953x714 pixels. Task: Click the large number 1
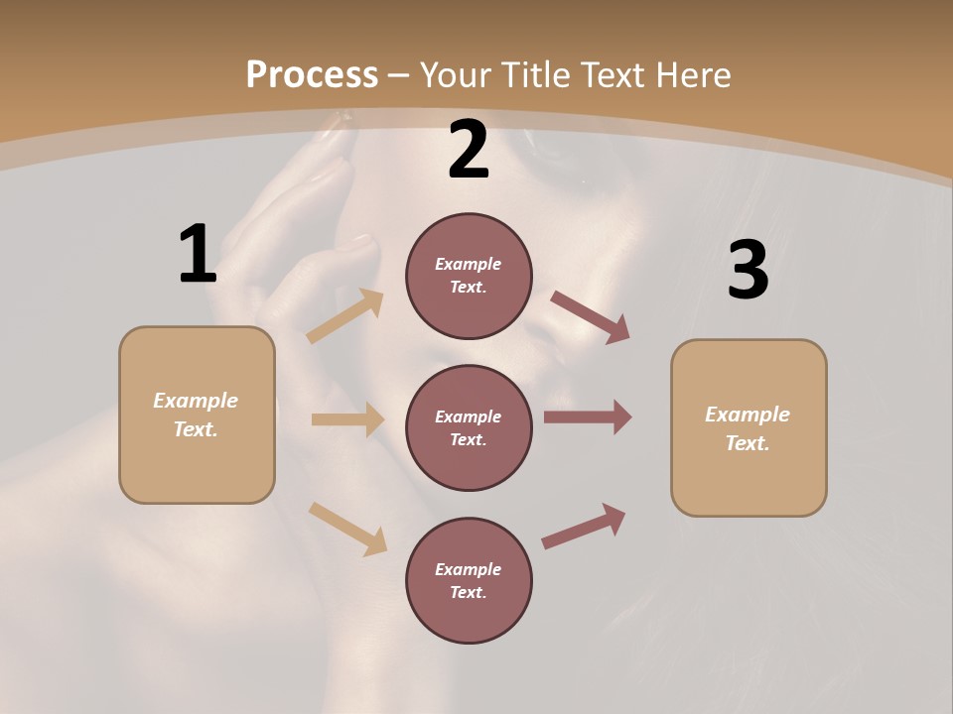[x=198, y=255]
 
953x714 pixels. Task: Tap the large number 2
[x=469, y=151]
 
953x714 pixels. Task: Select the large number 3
[x=748, y=271]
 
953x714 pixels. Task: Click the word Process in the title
[x=312, y=74]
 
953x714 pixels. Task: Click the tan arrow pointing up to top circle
[x=345, y=316]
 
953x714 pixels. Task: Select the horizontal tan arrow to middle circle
[x=347, y=419]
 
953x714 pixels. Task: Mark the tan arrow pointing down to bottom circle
[x=347, y=529]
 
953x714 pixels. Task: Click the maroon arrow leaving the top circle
[x=590, y=316]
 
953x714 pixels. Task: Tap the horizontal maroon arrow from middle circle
[x=588, y=417]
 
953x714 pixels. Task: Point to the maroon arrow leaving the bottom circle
[x=584, y=527]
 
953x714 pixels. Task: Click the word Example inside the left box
[x=196, y=401]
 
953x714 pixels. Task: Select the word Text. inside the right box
[x=748, y=443]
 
